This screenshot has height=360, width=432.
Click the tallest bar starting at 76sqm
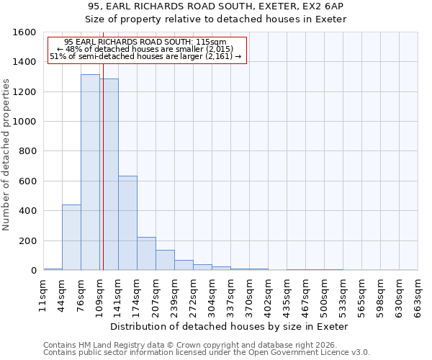coord(90,173)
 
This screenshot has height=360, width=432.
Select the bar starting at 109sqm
coord(109,175)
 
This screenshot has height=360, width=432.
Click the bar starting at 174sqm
coord(146,253)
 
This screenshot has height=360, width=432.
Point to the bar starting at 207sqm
coord(165,260)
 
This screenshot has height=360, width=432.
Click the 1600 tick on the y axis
coord(24,32)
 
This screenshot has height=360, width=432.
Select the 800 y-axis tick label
coord(27,151)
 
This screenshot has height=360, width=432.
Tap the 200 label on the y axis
coord(27,241)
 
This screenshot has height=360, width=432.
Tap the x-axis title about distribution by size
coord(230,326)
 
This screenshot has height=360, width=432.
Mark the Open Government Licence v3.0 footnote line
coord(207,352)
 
